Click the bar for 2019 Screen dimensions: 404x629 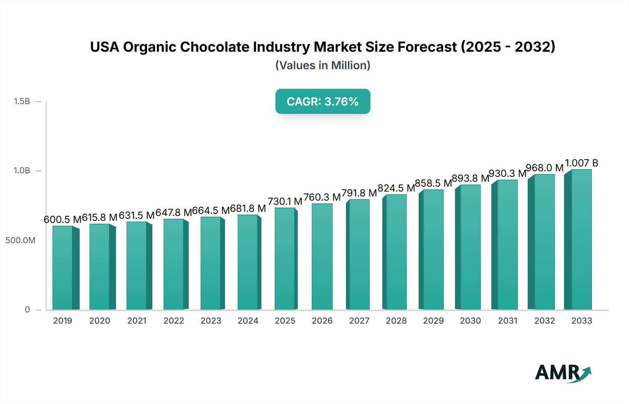click(x=63, y=268)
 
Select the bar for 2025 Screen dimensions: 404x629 click(x=285, y=259)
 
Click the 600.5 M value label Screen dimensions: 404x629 click(x=62, y=219)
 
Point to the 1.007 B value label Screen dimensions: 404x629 click(x=581, y=163)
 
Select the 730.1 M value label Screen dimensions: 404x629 click(x=285, y=201)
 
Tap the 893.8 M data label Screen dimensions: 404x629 click(x=470, y=178)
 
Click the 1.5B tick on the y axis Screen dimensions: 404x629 click(x=22, y=101)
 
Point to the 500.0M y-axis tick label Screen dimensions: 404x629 click(x=20, y=240)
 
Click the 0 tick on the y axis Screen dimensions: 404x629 click(x=27, y=310)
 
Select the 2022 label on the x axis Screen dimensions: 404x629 click(x=174, y=321)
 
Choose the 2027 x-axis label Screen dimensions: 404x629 click(x=359, y=321)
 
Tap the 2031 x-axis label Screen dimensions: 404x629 click(x=507, y=321)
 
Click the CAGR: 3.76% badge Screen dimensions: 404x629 click(x=323, y=101)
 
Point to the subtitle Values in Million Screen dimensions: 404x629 click(x=323, y=65)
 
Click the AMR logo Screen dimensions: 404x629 click(x=563, y=373)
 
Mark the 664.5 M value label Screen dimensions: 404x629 click(x=211, y=210)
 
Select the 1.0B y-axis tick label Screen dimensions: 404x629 click(x=22, y=171)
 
